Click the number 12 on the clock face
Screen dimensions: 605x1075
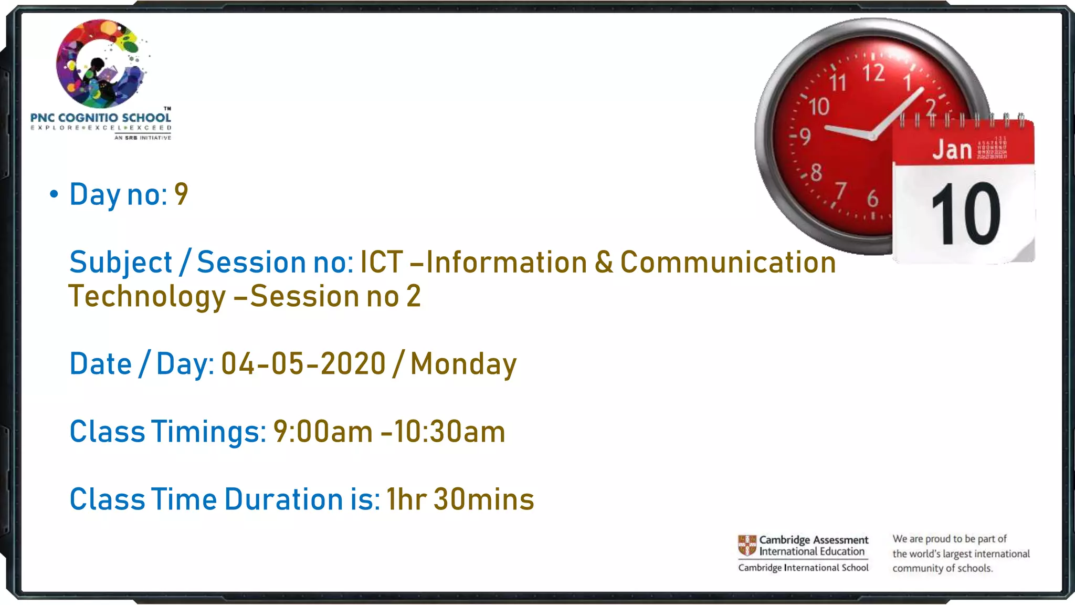(873, 72)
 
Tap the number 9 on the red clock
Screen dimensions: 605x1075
(805, 137)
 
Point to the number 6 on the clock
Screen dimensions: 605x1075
(872, 199)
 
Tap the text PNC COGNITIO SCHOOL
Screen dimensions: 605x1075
(101, 118)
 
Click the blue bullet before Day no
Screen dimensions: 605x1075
(54, 194)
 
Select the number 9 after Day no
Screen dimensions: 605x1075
(181, 194)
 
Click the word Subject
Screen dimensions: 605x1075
(121, 262)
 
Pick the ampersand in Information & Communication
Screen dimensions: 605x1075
(604, 262)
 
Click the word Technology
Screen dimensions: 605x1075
(147, 296)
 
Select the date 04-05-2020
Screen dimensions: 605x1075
(303, 363)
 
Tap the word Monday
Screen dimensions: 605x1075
(463, 364)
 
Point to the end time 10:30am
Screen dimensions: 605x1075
(449, 432)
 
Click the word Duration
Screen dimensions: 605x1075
(283, 499)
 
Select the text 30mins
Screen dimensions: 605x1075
(484, 499)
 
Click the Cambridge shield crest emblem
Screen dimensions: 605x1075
(747, 546)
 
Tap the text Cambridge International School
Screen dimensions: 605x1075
(803, 568)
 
